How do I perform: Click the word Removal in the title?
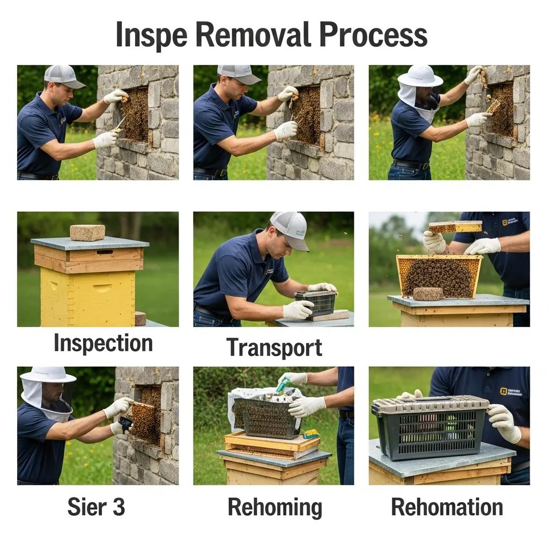click(x=254, y=35)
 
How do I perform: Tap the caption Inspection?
click(x=103, y=344)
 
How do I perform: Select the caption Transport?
click(x=274, y=347)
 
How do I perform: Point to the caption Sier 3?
click(x=96, y=507)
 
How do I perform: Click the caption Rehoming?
click(x=274, y=507)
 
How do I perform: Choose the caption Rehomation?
click(x=447, y=507)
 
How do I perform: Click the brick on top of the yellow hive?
click(x=87, y=232)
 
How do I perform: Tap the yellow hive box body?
click(x=88, y=296)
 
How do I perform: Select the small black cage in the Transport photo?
click(x=316, y=303)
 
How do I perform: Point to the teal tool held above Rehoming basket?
click(x=283, y=384)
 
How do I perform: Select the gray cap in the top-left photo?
click(x=63, y=76)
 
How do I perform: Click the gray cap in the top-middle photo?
click(x=239, y=73)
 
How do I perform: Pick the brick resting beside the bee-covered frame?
click(x=428, y=294)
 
